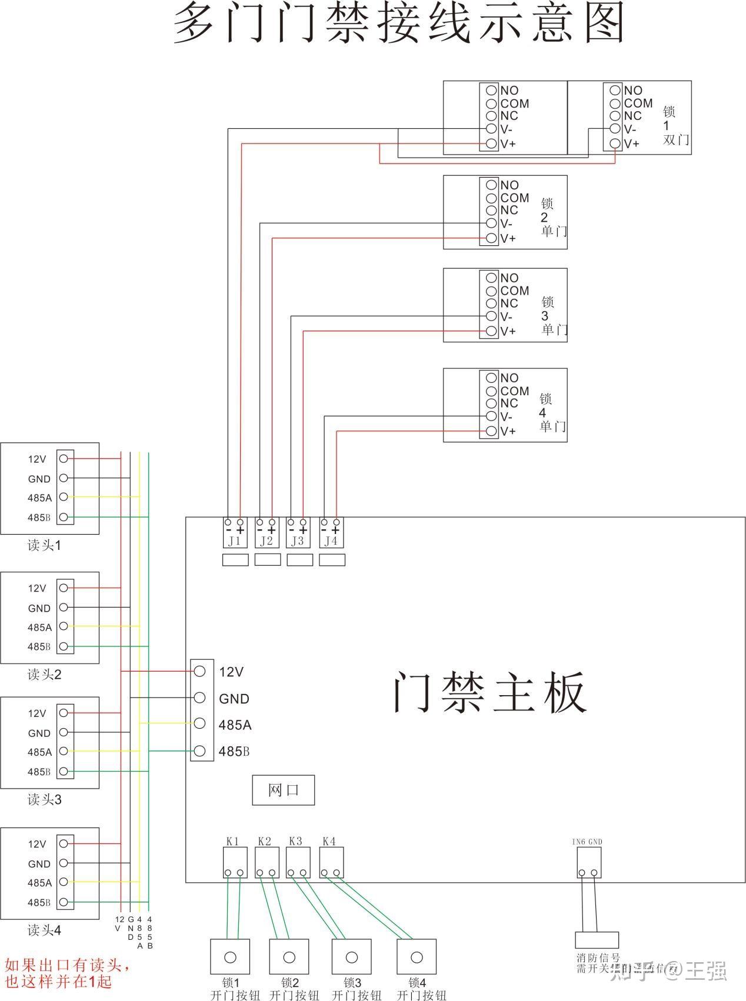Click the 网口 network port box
coord(283,790)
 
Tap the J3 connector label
coord(298,540)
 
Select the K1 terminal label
coord(232,841)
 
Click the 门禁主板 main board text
coord(489,692)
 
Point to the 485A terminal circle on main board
coord(199,723)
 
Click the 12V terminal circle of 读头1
coord(64,458)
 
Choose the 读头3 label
coord(45,799)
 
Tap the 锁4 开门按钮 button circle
coord(417,957)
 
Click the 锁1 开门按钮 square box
coord(230,957)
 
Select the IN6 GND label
coord(587,842)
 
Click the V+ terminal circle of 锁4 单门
coord(491,431)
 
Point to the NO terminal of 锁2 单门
coord(491,185)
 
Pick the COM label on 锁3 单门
coord(515,291)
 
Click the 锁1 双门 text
coord(674,125)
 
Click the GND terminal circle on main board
coord(199,698)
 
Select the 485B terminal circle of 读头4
coord(64,902)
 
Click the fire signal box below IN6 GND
coord(597,939)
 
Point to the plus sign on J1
coord(240,530)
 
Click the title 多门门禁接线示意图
coord(399,24)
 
